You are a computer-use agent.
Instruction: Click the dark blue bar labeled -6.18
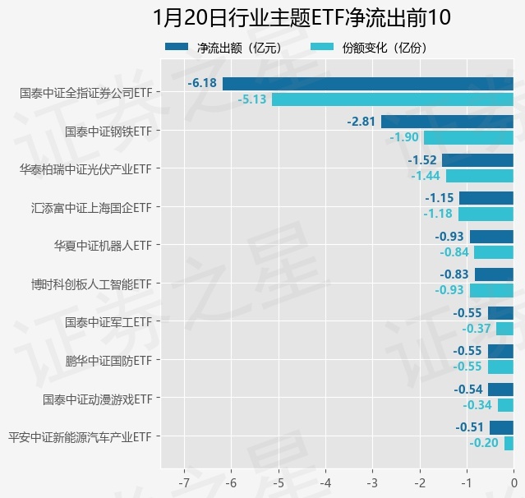(x=367, y=83)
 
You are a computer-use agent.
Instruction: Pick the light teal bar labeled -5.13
(x=392, y=99)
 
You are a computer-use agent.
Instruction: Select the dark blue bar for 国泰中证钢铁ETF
(x=447, y=122)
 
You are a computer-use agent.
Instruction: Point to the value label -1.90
(x=404, y=137)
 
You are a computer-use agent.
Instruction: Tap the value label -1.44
(x=426, y=176)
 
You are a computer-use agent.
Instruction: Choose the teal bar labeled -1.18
(x=486, y=214)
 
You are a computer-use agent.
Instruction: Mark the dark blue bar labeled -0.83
(x=494, y=274)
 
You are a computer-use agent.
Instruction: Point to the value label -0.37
(x=477, y=329)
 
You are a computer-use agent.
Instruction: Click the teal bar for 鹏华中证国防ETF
(x=500, y=367)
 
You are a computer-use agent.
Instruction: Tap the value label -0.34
(x=477, y=405)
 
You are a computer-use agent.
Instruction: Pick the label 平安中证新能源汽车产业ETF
(x=79, y=436)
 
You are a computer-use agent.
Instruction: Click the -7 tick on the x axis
(x=185, y=479)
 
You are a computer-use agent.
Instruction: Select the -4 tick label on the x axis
(x=325, y=479)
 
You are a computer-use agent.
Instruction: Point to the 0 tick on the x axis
(x=513, y=479)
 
